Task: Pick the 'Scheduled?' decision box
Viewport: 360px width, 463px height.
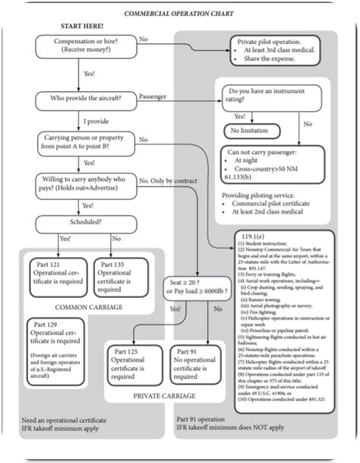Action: point(84,226)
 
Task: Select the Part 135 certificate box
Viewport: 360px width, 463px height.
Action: point(114,276)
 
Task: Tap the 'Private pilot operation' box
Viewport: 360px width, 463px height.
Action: point(276,49)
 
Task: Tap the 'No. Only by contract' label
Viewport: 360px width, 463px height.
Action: point(169,181)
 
